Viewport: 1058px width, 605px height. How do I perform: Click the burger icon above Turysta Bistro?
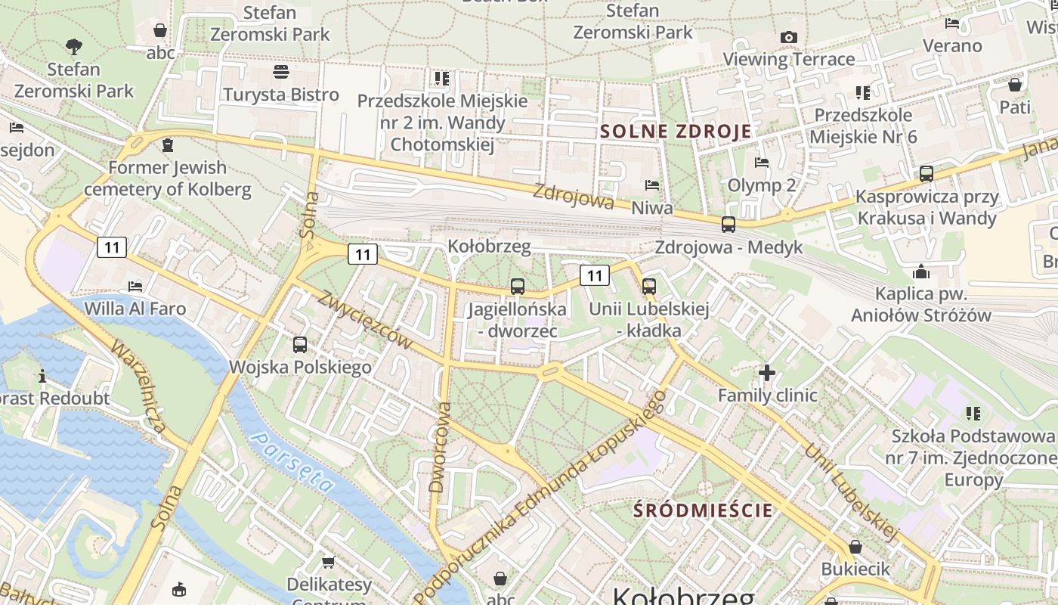(281, 72)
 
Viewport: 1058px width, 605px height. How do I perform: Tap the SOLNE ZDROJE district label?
(676, 131)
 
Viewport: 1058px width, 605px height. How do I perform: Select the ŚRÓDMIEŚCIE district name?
(704, 510)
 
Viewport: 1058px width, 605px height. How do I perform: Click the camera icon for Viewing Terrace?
(788, 37)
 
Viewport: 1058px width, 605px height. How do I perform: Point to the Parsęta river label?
(292, 462)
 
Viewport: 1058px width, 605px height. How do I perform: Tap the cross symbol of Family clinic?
(767, 372)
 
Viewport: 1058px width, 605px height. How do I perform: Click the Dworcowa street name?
(440, 448)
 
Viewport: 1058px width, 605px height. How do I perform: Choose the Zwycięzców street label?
(364, 320)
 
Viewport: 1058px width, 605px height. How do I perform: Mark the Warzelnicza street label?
(138, 385)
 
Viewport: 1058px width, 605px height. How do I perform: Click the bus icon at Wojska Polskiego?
(300, 345)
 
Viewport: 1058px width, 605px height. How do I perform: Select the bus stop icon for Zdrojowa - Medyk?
(729, 225)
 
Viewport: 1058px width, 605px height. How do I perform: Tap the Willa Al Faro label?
(135, 309)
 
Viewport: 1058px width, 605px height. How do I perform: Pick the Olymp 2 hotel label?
(761, 185)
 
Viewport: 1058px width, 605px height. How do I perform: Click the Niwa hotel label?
(651, 207)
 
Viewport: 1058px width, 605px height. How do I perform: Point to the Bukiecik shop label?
(855, 568)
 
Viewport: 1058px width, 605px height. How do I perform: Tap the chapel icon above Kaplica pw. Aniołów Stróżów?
(921, 271)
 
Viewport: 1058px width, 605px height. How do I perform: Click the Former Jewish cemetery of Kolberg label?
(167, 178)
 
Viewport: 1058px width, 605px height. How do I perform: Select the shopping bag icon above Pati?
(1015, 84)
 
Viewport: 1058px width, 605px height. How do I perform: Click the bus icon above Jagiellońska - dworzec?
(517, 287)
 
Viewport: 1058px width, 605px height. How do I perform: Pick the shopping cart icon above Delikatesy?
(329, 562)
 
